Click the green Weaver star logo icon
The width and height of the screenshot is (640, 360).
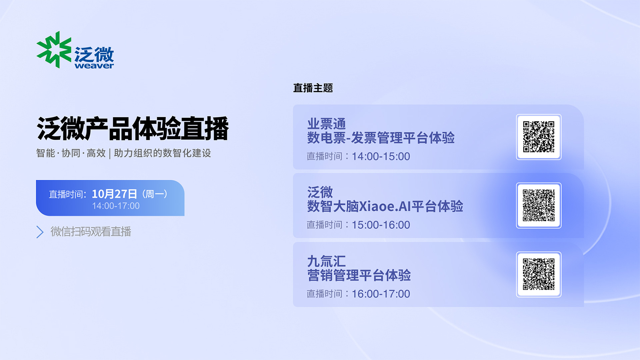click(x=54, y=50)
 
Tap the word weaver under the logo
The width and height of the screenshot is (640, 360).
click(x=94, y=66)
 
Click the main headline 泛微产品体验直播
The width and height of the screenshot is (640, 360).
click(x=133, y=128)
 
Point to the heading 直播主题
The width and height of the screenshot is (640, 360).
click(x=313, y=88)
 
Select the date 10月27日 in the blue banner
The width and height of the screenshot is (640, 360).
click(x=114, y=194)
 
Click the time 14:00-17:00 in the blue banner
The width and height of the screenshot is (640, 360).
click(x=116, y=206)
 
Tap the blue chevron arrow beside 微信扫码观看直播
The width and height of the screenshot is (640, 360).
click(x=40, y=232)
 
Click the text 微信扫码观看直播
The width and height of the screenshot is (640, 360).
click(x=91, y=232)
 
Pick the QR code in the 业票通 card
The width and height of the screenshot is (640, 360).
click(x=539, y=137)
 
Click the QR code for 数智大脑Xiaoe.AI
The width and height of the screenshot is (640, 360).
click(x=539, y=205)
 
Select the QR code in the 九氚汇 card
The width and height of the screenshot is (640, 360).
click(x=539, y=274)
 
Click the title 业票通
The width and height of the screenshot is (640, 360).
click(x=326, y=124)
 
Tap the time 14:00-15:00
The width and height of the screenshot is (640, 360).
click(x=381, y=156)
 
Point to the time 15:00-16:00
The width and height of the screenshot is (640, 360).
click(x=381, y=225)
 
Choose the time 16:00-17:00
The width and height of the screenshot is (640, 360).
click(x=381, y=294)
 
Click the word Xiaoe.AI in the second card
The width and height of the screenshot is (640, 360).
click(x=385, y=206)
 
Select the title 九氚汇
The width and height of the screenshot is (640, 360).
click(x=326, y=261)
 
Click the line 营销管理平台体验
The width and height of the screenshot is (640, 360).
click(x=359, y=276)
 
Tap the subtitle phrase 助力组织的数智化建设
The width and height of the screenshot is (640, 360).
click(x=162, y=153)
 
